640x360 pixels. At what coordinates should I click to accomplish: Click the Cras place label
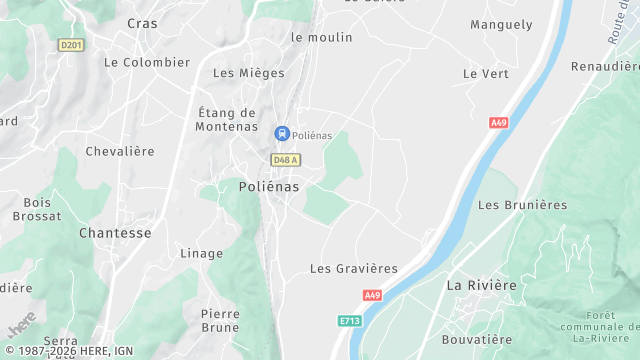143,22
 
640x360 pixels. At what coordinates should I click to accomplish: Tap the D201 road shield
71,44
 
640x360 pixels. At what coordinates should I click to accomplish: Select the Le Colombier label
147,62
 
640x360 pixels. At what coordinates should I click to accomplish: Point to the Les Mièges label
249,73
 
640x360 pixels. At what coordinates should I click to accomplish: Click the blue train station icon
282,133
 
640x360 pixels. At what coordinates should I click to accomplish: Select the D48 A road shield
286,160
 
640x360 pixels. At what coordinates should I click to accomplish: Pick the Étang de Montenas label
227,120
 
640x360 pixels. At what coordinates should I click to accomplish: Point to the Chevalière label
120,151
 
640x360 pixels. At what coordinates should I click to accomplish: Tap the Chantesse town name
115,233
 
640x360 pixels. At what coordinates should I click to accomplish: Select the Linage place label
201,253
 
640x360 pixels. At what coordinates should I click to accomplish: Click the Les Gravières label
353,268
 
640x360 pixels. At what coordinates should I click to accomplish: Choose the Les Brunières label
522,205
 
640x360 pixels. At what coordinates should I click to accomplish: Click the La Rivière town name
481,285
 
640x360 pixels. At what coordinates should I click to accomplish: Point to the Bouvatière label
478,339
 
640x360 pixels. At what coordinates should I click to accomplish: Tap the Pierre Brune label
220,320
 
